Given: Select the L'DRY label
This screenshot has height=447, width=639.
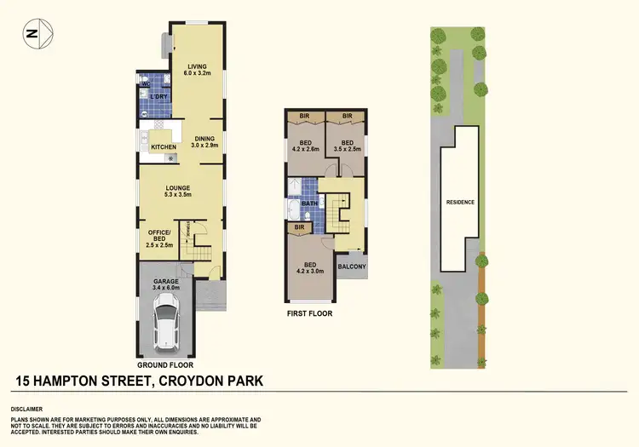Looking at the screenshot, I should [x=158, y=97].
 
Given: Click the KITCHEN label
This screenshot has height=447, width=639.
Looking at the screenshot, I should [x=163, y=147].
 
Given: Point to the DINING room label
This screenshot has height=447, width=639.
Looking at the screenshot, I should [x=204, y=141].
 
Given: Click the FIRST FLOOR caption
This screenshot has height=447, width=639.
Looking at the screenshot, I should [x=309, y=313].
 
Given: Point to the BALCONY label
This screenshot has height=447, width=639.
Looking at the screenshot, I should [x=351, y=266].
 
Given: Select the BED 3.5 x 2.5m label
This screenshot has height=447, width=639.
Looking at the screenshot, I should [x=347, y=146].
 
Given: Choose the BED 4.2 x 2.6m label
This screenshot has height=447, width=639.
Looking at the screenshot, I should [x=303, y=146].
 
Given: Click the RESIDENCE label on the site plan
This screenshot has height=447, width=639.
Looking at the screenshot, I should [x=460, y=202].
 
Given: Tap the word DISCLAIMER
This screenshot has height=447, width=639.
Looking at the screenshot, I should [x=30, y=409].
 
